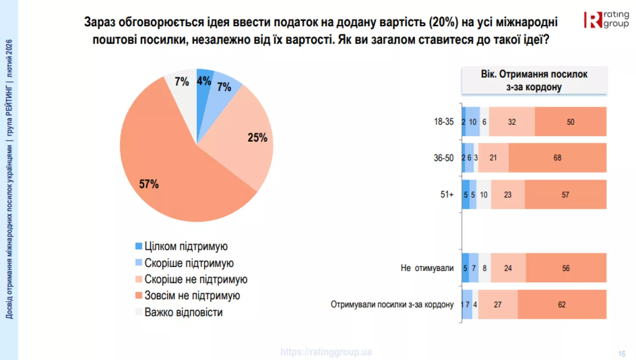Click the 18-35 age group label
(444, 122)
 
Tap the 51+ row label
(447, 195)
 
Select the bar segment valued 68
(557, 158)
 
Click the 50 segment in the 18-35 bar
(570, 122)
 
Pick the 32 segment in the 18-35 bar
(512, 122)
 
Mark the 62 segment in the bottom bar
(561, 304)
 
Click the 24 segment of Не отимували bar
(508, 268)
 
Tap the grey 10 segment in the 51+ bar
(484, 195)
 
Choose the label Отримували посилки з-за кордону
(392, 304)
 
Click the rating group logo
(606, 20)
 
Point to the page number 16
(622, 354)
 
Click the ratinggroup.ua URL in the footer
(326, 352)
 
